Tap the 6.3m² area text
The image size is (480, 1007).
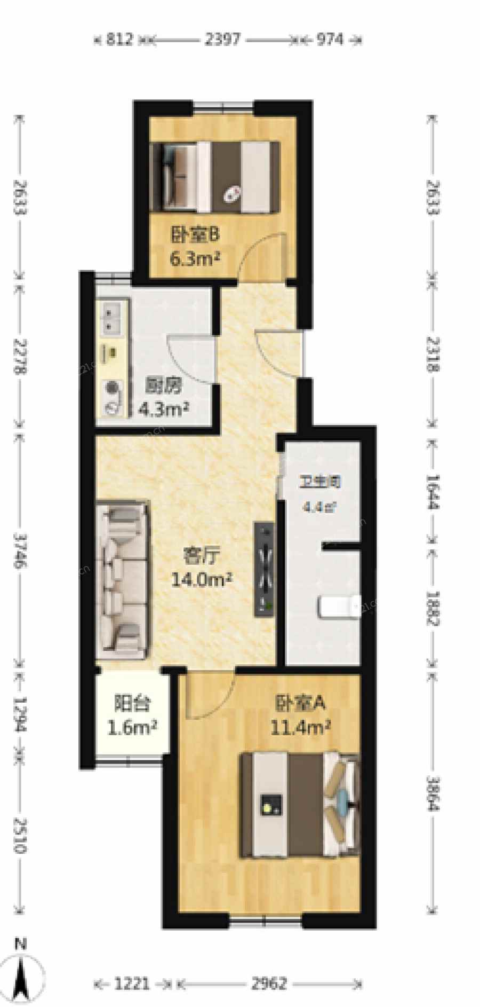click(195, 259)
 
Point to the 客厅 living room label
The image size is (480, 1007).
click(201, 556)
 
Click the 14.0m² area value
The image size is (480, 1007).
click(201, 579)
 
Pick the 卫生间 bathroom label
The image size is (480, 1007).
click(319, 482)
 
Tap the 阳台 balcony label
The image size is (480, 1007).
click(131, 704)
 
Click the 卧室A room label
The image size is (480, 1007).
click(300, 703)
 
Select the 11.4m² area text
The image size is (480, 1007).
click(300, 727)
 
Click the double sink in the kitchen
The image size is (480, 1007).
click(113, 317)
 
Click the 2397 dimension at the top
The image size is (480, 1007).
click(222, 39)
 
